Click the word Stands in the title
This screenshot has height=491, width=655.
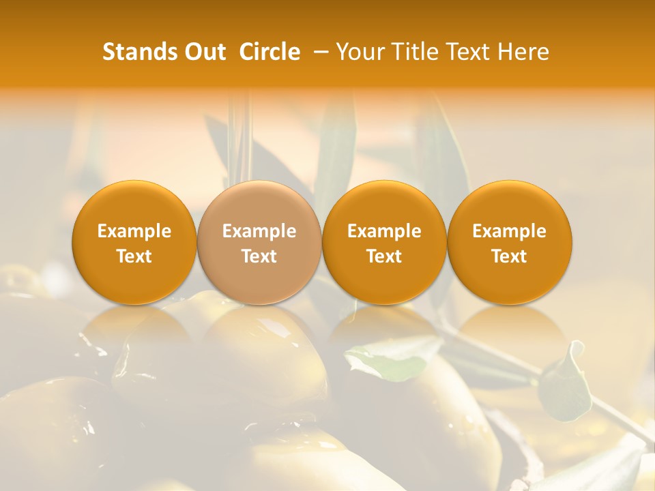click(x=140, y=52)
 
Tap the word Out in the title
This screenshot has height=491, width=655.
click(x=205, y=52)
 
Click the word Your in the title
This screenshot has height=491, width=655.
click(x=357, y=52)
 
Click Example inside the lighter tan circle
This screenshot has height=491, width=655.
click(x=259, y=231)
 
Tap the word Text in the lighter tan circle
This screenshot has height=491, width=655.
click(x=259, y=256)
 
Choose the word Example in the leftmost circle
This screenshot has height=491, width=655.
click(x=134, y=231)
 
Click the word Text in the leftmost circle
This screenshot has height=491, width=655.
click(x=134, y=256)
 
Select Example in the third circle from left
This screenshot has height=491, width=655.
click(x=384, y=231)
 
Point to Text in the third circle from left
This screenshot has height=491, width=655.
click(x=384, y=256)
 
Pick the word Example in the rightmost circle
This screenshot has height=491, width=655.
click(x=509, y=231)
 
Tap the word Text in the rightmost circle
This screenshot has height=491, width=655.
click(x=509, y=256)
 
